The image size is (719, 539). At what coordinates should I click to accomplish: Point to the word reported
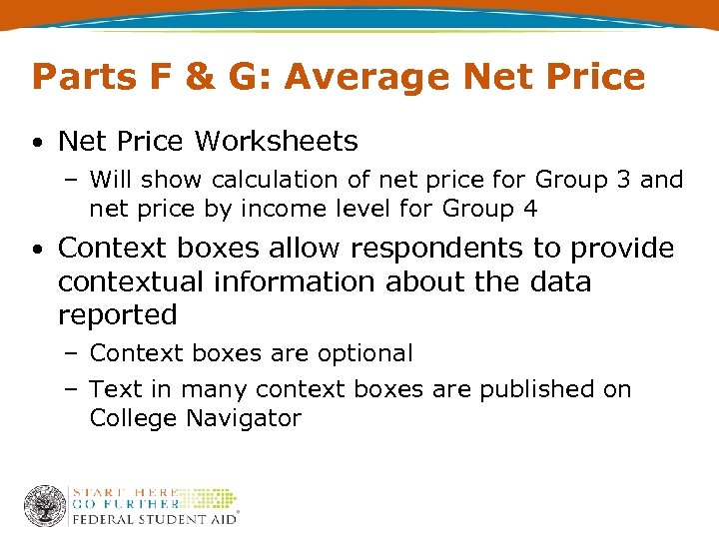click(118, 315)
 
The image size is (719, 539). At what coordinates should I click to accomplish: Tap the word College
click(132, 418)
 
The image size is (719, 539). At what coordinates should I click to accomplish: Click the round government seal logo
click(45, 505)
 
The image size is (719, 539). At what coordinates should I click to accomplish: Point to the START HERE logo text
click(125, 492)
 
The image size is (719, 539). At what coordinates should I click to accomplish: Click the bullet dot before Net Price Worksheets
click(36, 143)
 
